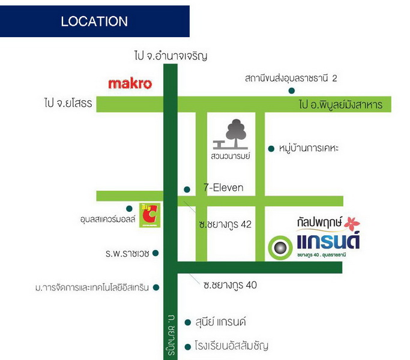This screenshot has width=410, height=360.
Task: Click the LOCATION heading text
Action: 94,22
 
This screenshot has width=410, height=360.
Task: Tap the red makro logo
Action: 130,83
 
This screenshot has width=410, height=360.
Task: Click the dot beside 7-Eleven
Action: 187,189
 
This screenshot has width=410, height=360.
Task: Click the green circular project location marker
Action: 279,246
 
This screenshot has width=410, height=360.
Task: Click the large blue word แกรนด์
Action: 328,242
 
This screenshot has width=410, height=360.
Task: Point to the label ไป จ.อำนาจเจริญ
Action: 171,56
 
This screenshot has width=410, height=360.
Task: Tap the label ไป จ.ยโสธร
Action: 67,104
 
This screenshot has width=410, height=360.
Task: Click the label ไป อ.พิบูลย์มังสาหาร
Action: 340,105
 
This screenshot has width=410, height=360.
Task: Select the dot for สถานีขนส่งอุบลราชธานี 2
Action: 291,91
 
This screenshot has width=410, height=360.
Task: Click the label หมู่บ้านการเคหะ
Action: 309,148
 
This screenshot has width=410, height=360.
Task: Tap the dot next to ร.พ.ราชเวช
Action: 155,253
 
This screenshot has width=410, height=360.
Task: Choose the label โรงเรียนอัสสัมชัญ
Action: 232,346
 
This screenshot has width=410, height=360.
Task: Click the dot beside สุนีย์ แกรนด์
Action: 188,322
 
